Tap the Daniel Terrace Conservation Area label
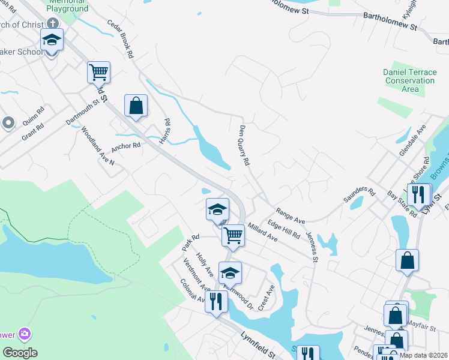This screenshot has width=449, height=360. pyautogui.click(x=409, y=80)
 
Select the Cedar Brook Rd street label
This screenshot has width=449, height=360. pyautogui.click(x=121, y=38)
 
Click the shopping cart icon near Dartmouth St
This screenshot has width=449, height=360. pyautogui.click(x=98, y=73)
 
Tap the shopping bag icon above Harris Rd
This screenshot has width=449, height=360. pyautogui.click(x=136, y=106)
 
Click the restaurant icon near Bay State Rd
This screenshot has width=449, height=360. pyautogui.click(x=418, y=194)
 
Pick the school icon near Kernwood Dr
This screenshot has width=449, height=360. pyautogui.click(x=229, y=273)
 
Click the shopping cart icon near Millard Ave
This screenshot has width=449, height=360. pyautogui.click(x=232, y=236)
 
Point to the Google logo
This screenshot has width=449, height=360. pyautogui.click(x=20, y=353)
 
